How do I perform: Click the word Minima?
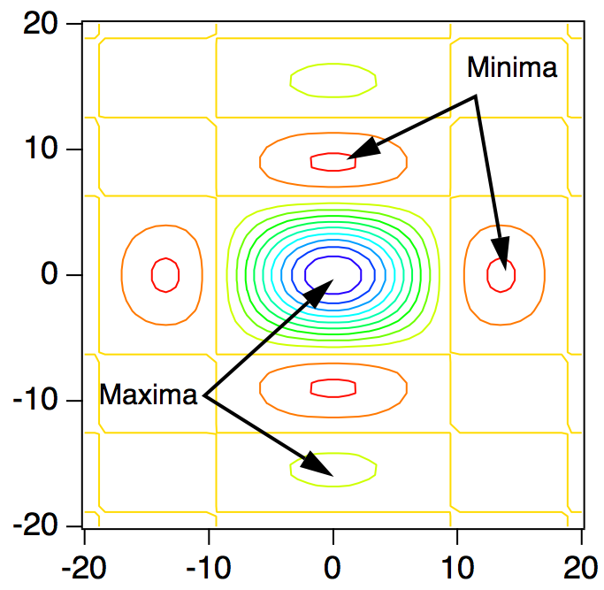coord(512,67)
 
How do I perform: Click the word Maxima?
coord(148,395)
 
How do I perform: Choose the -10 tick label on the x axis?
coord(208,564)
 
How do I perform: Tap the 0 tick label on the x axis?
coord(333,564)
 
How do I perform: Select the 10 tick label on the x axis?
coord(457,564)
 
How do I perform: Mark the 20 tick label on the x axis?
coord(581,564)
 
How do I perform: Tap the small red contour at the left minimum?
coord(165,274)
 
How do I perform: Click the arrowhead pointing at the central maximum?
coord(319,291)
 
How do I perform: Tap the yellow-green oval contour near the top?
coord(333,65)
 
